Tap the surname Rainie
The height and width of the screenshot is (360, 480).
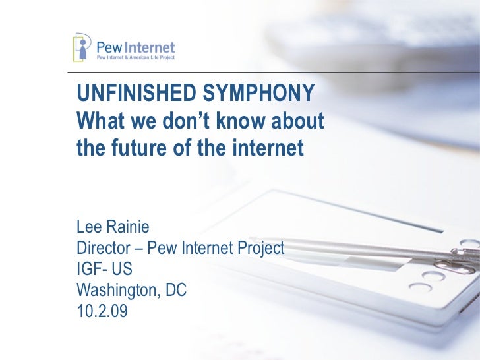(x=129, y=227)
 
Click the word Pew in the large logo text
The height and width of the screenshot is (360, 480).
(x=109, y=47)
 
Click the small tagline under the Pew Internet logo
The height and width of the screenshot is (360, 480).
(x=136, y=58)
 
